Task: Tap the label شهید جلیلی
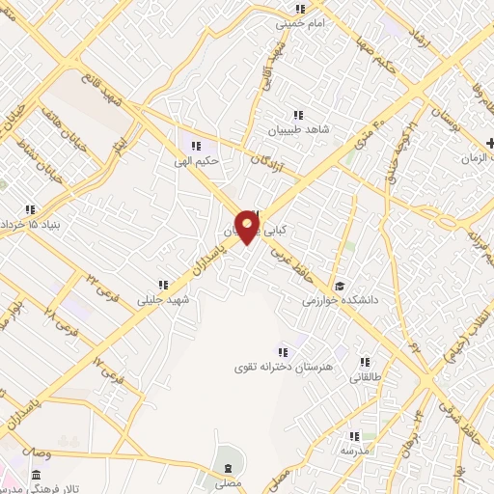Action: click(166, 299)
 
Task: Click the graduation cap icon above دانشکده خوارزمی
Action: click(339, 286)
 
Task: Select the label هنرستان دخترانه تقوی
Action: click(281, 368)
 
